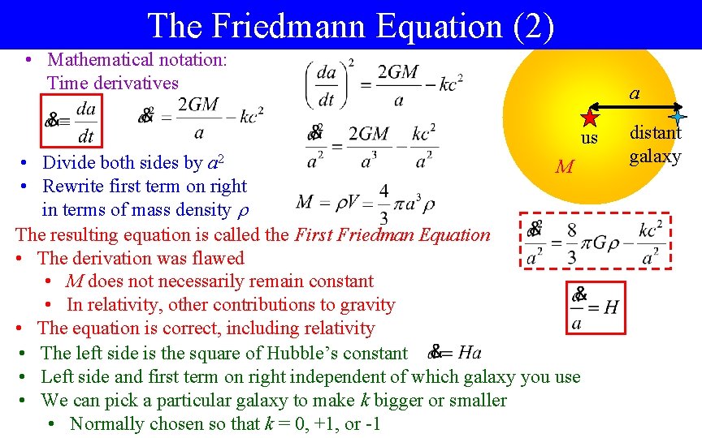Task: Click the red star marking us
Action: [x=589, y=118]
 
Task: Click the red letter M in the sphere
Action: [x=564, y=168]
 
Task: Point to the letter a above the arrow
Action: [x=634, y=94]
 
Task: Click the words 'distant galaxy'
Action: [x=656, y=144]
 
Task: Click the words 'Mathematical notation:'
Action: [x=137, y=59]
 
